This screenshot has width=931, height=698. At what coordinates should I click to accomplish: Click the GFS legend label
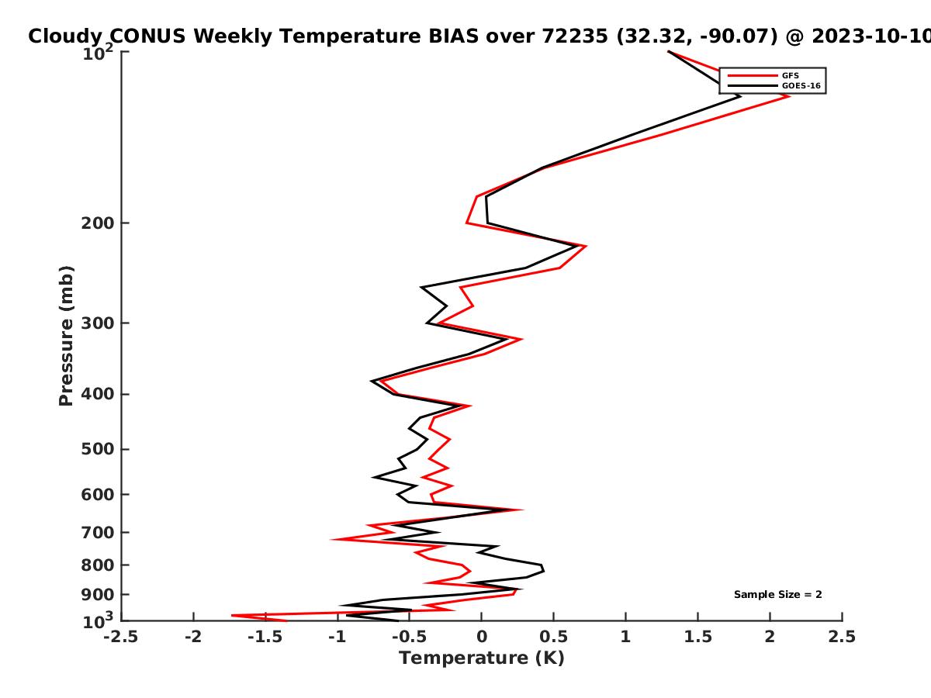coord(790,76)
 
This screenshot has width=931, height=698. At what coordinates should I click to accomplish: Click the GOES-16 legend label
coord(801,86)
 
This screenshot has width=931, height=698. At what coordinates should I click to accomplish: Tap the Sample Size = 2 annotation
coord(778,595)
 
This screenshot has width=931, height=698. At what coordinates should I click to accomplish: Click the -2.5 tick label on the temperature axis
coord(121,637)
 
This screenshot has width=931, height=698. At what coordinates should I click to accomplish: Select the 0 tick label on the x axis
coord(482,637)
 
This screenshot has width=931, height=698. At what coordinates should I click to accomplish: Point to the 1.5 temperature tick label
coord(698,637)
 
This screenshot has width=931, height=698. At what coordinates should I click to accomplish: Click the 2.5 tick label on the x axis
coord(842,637)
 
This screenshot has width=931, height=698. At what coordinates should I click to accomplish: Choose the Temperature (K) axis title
coord(482,658)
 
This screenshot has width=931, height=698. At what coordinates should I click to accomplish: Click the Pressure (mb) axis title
coord(66,336)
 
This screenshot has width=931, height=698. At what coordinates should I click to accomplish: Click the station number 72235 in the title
coord(575,36)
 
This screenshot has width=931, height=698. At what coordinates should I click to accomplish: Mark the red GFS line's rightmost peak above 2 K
coord(789,96)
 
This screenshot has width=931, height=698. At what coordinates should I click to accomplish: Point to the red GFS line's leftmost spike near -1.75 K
coord(232,615)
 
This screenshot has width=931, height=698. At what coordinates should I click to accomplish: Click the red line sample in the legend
coord(753,76)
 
